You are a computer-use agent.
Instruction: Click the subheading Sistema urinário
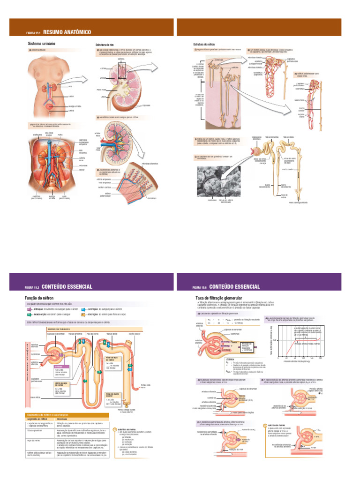click(x=42, y=44)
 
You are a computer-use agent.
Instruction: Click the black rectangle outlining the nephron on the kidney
click(x=122, y=70)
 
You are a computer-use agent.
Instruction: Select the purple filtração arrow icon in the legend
click(x=29, y=309)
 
